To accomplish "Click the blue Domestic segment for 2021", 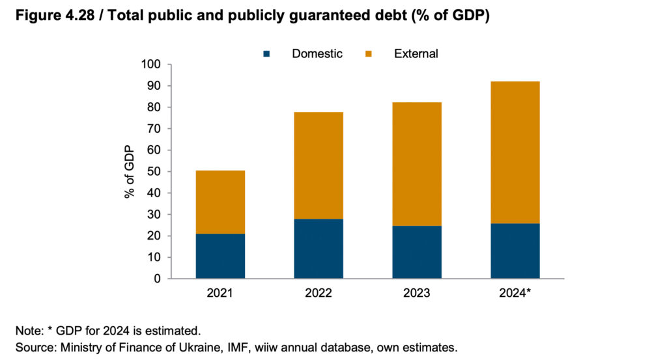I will [x=220, y=256].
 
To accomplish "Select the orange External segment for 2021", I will [x=220, y=202].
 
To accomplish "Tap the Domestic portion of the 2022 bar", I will [x=319, y=249].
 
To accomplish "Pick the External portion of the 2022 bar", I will [x=319, y=165].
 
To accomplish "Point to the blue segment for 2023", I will [x=417, y=252].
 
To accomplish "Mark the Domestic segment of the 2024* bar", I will [x=515, y=251].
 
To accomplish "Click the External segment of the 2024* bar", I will [x=515, y=152].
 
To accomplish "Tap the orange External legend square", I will [x=369, y=55].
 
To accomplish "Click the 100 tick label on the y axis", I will [x=150, y=64].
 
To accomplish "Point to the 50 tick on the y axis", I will [x=153, y=172].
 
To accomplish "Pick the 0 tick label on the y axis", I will [x=157, y=279].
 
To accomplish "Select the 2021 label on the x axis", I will [x=220, y=294].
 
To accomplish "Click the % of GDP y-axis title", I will [x=130, y=172].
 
